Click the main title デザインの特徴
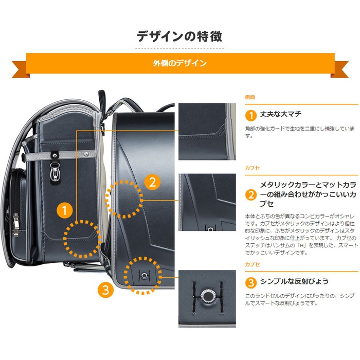click(179, 37)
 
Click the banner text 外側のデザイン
click(180, 63)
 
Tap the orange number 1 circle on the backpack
click(64, 210)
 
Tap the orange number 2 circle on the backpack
click(152, 182)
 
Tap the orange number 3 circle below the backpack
click(105, 290)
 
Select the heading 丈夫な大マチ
click(281, 114)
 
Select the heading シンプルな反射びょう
click(294, 281)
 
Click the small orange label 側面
click(250, 97)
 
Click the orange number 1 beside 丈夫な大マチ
click(251, 115)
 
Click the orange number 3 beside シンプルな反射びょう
click(251, 283)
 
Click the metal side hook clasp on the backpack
click(55, 171)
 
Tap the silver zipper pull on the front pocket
click(15, 225)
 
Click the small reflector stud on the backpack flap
click(144, 275)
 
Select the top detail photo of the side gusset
click(207, 132)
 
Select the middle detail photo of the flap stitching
click(207, 202)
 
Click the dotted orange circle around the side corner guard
click(64, 239)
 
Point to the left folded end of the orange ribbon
click(21, 69)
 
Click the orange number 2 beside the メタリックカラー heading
click(251, 195)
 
